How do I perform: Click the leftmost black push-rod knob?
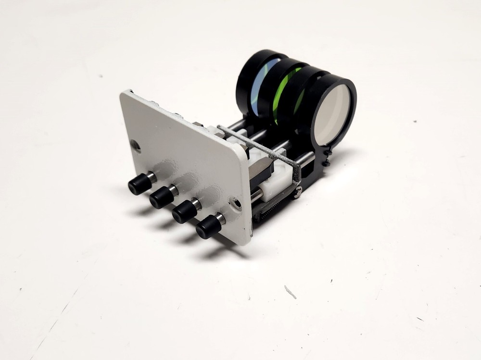click(x=139, y=185)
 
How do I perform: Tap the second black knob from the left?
click(x=161, y=197)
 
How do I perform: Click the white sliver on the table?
click(x=290, y=292)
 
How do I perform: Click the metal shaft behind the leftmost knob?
click(x=151, y=177)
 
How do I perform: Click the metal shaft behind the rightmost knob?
click(x=219, y=220)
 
